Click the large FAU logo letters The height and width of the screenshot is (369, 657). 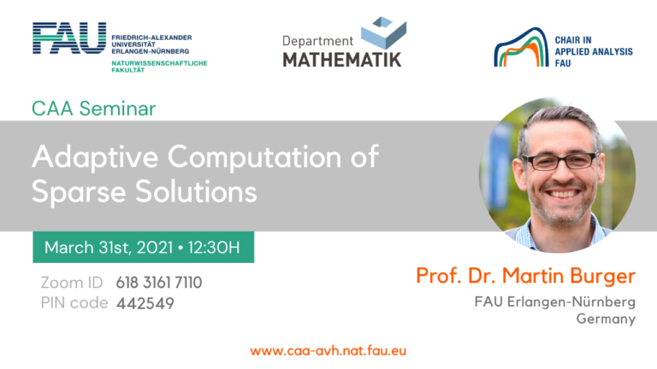[69, 38]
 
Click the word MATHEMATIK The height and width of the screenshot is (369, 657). [342, 60]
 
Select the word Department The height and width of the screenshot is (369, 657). [317, 41]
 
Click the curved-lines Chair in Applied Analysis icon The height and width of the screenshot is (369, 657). [521, 47]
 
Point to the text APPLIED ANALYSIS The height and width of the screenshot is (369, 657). [594, 51]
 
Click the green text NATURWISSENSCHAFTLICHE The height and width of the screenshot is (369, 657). [159, 63]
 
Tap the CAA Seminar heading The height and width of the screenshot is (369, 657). [93, 108]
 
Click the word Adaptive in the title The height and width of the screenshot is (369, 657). [95, 158]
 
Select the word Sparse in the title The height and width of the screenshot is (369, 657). [79, 191]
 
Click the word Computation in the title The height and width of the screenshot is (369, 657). [255, 157]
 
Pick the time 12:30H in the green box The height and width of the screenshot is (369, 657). [214, 247]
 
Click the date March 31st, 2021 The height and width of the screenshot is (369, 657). [109, 248]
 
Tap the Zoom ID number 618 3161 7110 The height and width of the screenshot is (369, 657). [159, 283]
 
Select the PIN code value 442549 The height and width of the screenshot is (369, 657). [145, 303]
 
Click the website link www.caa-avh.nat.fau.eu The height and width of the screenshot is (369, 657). [328, 350]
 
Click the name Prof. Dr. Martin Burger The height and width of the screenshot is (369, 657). [526, 276]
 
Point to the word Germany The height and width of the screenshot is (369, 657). [606, 319]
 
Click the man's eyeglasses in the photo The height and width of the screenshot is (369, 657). [559, 161]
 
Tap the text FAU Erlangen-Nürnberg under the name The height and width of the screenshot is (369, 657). [554, 302]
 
